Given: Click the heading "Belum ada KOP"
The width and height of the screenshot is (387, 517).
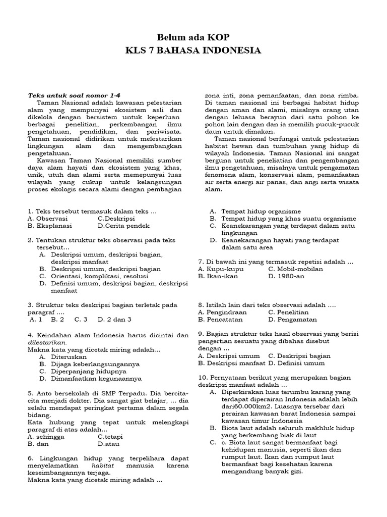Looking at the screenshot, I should click(x=193, y=38).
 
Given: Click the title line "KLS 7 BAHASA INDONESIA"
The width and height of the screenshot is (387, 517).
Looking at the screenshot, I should click(x=193, y=50).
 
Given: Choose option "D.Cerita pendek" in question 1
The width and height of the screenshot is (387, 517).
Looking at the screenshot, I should click(x=123, y=226).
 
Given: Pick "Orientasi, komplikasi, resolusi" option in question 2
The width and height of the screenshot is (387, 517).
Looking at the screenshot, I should click(x=94, y=276).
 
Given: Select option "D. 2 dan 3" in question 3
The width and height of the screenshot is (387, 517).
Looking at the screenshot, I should click(x=114, y=319).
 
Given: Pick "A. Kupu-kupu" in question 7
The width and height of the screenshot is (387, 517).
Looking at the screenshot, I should click(x=221, y=269).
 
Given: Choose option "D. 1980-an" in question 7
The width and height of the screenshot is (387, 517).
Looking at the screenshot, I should click(x=288, y=276).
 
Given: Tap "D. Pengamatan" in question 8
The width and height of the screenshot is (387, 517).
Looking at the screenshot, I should click(x=293, y=319).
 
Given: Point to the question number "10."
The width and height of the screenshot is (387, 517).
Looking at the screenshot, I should click(x=203, y=377).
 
